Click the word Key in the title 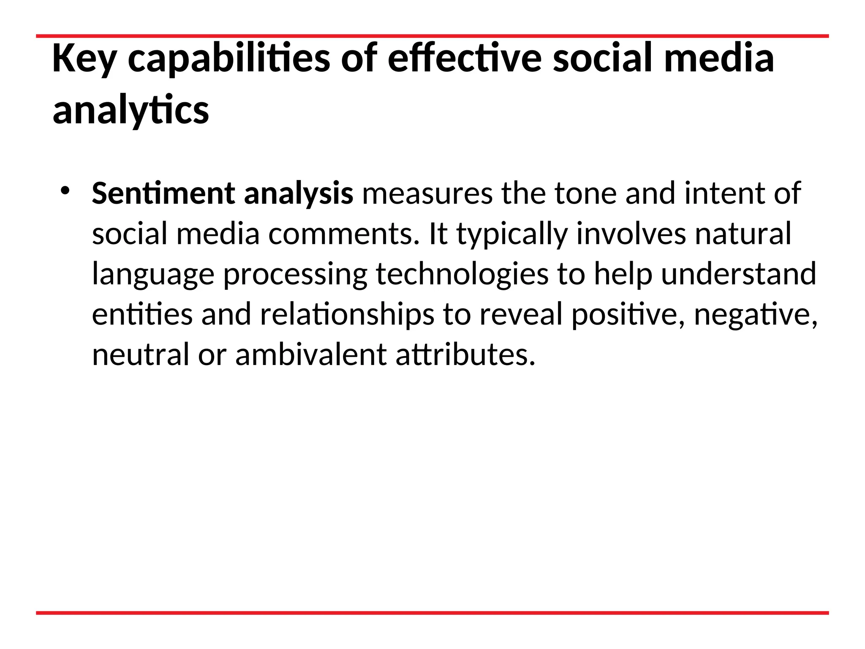pyautogui.click(x=84, y=59)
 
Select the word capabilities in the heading pyautogui.click(x=228, y=59)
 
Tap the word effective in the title pyautogui.click(x=464, y=59)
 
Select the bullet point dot pyautogui.click(x=64, y=191)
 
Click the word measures pyautogui.click(x=427, y=194)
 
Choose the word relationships pyautogui.click(x=347, y=315)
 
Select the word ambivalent pyautogui.click(x=311, y=355)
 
